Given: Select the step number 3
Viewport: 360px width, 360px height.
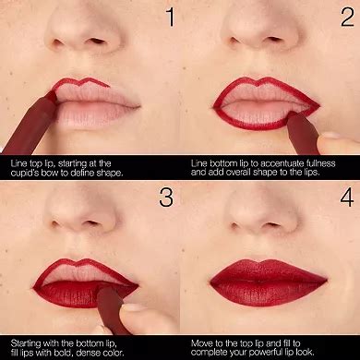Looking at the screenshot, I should pyautogui.click(x=167, y=197).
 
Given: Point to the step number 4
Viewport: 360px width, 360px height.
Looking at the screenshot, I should pyautogui.click(x=344, y=197).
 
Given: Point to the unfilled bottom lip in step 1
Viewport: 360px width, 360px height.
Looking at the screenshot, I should pyautogui.click(x=92, y=113).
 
